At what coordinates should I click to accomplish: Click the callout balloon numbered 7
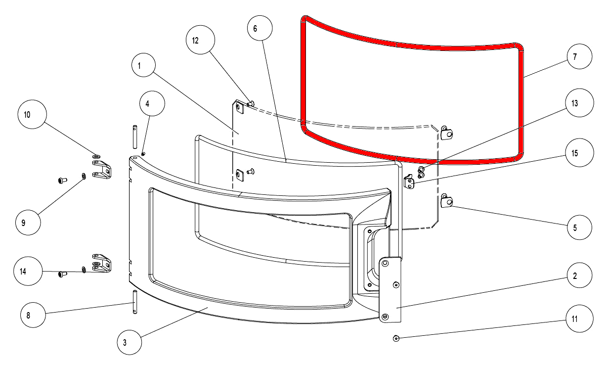click(x=579, y=56)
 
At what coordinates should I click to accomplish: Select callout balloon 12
click(x=200, y=40)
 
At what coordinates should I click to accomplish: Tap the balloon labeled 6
click(x=260, y=28)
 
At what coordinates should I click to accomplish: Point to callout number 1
click(x=144, y=65)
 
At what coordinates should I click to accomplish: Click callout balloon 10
click(x=32, y=114)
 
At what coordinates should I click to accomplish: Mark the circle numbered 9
click(x=28, y=223)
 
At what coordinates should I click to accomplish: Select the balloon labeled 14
click(x=28, y=271)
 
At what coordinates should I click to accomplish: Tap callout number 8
click(x=33, y=315)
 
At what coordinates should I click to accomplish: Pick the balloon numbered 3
click(x=130, y=342)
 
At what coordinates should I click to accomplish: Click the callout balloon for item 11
click(x=579, y=319)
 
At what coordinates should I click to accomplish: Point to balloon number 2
click(x=579, y=275)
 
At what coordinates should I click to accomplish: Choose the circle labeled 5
click(x=579, y=227)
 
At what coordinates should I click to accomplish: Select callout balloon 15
click(x=579, y=153)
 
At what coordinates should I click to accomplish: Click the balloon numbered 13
click(x=579, y=103)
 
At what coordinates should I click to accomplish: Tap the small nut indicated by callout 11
click(x=396, y=338)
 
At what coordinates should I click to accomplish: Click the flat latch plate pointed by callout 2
click(x=390, y=290)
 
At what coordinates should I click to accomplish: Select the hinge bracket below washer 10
click(x=102, y=170)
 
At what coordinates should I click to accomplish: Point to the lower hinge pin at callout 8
click(x=135, y=302)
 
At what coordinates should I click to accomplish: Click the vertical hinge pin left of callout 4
click(x=135, y=137)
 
